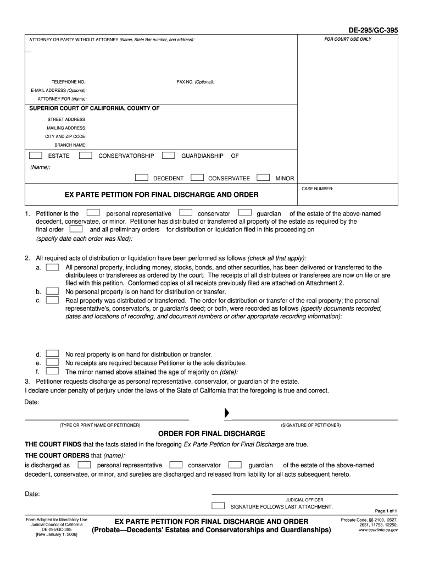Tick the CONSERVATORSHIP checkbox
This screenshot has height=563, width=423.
click(86, 156)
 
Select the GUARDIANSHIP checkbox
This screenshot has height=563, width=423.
click(169, 156)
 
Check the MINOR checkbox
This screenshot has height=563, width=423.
click(264, 178)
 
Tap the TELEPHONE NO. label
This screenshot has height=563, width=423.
click(69, 82)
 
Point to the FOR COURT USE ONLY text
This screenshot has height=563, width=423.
click(347, 40)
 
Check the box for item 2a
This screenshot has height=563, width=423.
click(52, 267)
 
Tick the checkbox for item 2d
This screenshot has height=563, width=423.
click(52, 355)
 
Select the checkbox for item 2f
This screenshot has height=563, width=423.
click(52, 371)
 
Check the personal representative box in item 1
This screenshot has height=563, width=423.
click(93, 213)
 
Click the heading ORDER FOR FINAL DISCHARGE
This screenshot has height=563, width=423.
click(211, 433)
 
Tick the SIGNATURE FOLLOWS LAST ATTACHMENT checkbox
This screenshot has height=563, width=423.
click(218, 506)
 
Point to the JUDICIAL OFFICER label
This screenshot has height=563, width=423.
click(300, 500)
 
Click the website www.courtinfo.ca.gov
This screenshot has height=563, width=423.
click(377, 530)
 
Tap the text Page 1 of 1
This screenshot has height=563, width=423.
click(386, 511)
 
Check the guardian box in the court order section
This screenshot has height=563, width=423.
click(235, 465)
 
